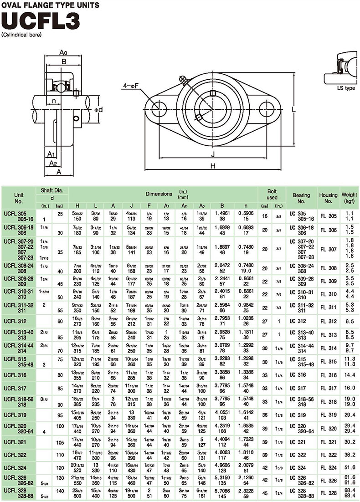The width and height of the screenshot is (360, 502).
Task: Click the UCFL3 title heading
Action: [41, 21]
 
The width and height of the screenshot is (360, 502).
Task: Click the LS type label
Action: [346, 88]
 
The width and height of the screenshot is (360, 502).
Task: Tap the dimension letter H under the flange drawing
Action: [212, 167]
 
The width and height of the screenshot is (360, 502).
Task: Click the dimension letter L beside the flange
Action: [294, 109]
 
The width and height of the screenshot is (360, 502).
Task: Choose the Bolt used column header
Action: [272, 195]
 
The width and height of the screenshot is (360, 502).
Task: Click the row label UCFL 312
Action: [15, 321]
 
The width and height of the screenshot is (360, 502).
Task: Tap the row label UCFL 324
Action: [15, 467]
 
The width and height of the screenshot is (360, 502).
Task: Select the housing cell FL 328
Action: [328, 493]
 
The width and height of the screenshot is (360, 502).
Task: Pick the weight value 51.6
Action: [349, 467]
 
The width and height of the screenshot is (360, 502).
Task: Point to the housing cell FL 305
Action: [328, 216]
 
